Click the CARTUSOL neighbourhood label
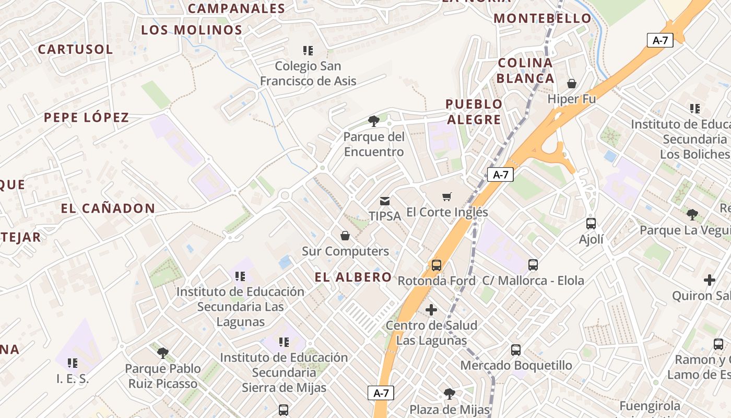[75, 50]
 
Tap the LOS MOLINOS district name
[192, 30]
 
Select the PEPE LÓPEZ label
[86, 118]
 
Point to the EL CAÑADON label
[108, 208]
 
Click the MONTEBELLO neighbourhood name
[543, 18]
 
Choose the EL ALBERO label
[353, 277]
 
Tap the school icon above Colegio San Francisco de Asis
[308, 51]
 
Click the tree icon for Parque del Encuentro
[373, 121]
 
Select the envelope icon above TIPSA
[385, 201]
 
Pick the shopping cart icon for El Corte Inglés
[447, 197]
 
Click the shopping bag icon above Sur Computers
[345, 236]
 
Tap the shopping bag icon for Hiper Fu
[572, 84]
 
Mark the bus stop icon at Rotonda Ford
[437, 265]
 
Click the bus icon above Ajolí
[591, 224]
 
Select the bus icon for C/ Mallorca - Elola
[533, 265]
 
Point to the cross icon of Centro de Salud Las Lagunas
[431, 310]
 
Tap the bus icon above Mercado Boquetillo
[516, 350]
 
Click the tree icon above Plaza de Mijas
[450, 394]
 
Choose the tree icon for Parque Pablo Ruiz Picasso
[163, 353]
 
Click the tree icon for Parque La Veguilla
[692, 214]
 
